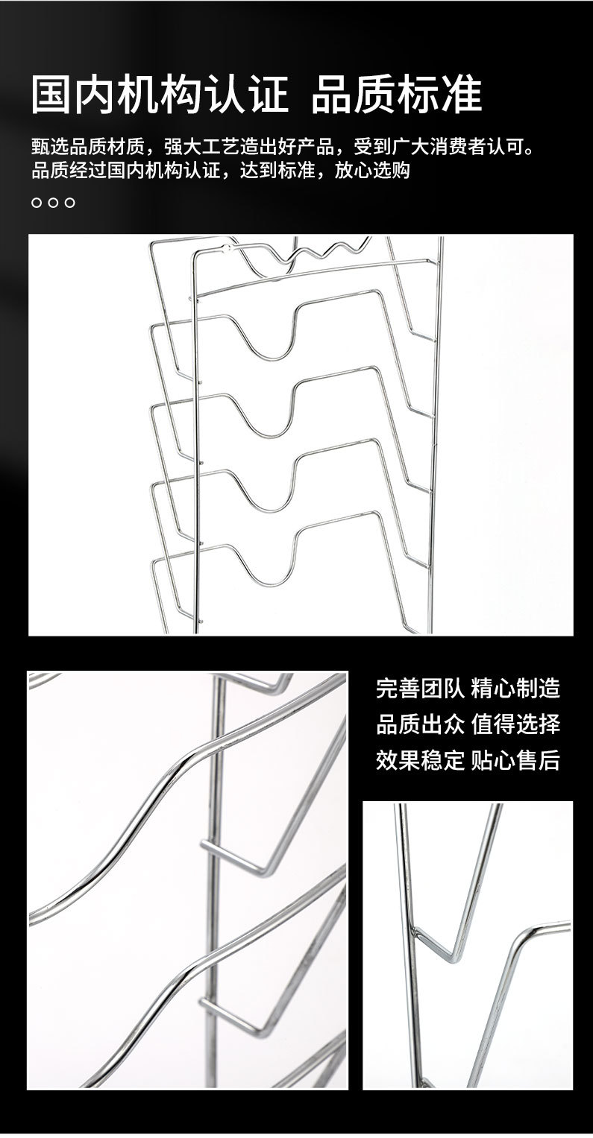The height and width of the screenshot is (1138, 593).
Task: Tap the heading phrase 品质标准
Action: pyautogui.click(x=396, y=95)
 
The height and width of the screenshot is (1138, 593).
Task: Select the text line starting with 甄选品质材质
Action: pyautogui.click(x=283, y=145)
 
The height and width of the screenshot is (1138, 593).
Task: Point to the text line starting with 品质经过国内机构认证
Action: pyautogui.click(x=221, y=171)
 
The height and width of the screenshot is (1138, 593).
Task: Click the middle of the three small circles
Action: pyautogui.click(x=53, y=203)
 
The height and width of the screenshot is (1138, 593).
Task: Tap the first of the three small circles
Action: pyautogui.click(x=37, y=203)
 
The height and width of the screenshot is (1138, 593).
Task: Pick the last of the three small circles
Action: pyautogui.click(x=70, y=203)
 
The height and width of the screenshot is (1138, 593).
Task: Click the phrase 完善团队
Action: pyautogui.click(x=420, y=688)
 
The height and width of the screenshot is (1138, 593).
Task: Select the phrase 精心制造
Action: pyautogui.click(x=515, y=688)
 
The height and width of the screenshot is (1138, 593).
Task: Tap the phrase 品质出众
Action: pyautogui.click(x=420, y=724)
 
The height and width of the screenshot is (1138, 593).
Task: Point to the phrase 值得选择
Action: pyautogui.click(x=515, y=724)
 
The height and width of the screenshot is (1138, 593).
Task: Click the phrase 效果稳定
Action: pyautogui.click(x=420, y=760)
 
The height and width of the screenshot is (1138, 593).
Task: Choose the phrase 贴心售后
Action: pyautogui.click(x=515, y=760)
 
